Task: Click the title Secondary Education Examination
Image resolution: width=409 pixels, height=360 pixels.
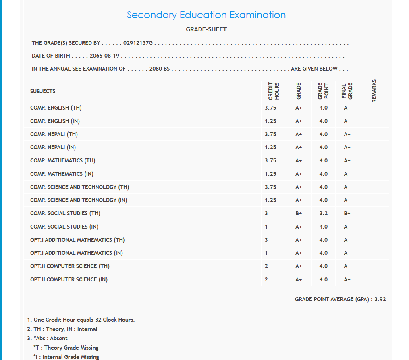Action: (x=206, y=15)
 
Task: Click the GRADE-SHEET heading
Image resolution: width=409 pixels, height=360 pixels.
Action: (x=206, y=29)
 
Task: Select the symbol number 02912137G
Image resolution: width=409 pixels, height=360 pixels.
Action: (x=138, y=43)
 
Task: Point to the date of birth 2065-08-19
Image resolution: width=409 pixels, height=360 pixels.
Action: (x=104, y=56)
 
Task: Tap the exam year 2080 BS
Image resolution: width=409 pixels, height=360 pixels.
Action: (x=159, y=69)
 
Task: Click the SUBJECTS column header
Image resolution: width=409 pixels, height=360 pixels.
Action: (x=43, y=92)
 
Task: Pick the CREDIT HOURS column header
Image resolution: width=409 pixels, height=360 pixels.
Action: (x=274, y=91)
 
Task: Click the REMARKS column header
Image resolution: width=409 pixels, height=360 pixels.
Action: (x=374, y=91)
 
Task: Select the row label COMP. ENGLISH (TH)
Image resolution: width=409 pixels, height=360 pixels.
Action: (x=56, y=108)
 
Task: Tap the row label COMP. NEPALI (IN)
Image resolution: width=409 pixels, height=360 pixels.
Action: (x=53, y=148)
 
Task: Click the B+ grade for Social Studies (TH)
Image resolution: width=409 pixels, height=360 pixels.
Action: (x=299, y=214)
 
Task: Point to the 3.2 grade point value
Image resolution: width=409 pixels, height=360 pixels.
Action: (x=323, y=214)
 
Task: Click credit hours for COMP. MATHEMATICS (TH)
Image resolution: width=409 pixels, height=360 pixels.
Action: (x=270, y=161)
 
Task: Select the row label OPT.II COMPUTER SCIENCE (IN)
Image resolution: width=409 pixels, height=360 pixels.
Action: (x=69, y=279)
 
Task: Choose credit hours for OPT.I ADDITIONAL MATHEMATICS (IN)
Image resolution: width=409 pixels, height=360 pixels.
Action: (x=266, y=253)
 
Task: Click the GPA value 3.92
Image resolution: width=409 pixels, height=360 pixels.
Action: (x=380, y=300)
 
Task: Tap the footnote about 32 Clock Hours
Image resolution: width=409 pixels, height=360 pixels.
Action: (x=81, y=320)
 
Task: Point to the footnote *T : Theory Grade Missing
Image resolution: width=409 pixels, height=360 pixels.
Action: (x=66, y=348)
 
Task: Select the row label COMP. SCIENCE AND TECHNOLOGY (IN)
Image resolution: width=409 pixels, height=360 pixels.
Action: (x=79, y=200)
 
